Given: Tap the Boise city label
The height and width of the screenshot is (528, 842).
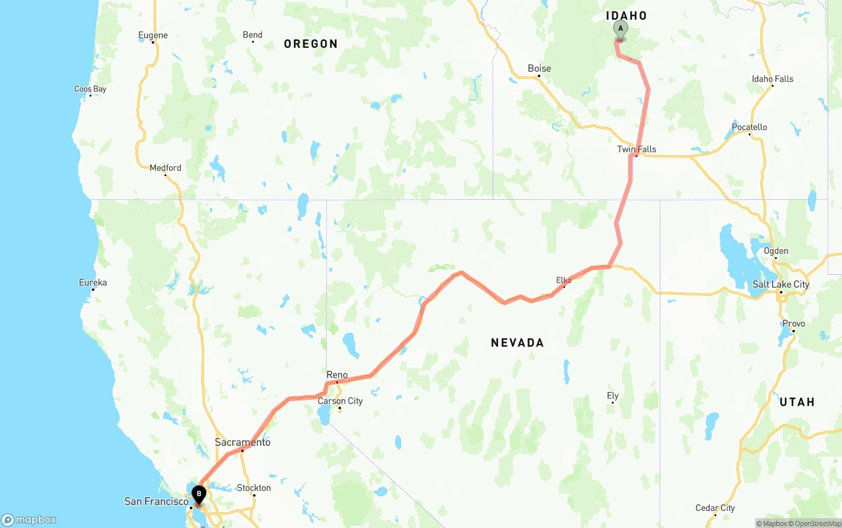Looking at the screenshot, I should tap(539, 68).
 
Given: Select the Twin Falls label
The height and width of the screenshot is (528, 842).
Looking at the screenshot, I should tap(637, 149).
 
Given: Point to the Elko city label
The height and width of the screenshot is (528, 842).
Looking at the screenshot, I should tap(564, 280).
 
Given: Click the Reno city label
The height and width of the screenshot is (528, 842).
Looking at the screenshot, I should tap(337, 375).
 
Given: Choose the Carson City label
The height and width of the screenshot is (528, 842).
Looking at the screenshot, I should tap(340, 401).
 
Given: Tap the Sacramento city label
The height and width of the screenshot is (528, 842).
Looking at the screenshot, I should tap(243, 443).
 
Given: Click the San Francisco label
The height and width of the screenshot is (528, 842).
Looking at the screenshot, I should tap(157, 502).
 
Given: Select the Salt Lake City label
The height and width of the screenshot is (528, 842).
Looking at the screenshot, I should tap(781, 285).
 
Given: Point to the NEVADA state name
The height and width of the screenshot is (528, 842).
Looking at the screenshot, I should tap(518, 343).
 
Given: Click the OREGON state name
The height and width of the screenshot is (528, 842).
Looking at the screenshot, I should tap(310, 44).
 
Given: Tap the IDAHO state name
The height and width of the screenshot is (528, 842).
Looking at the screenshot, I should tap(626, 16).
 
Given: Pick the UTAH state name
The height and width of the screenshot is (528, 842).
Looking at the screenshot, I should tap(797, 402).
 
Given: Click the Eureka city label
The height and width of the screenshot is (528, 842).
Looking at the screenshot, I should tap(93, 283).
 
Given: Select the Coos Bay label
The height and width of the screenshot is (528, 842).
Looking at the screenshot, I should tap(90, 89).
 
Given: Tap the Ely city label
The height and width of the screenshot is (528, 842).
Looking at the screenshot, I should tap(612, 396).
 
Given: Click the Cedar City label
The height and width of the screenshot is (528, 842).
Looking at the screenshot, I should tap(715, 508).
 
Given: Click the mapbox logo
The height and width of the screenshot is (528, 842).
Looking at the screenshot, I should tap(29, 520).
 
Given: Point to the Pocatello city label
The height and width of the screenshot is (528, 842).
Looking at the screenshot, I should tap(749, 128).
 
